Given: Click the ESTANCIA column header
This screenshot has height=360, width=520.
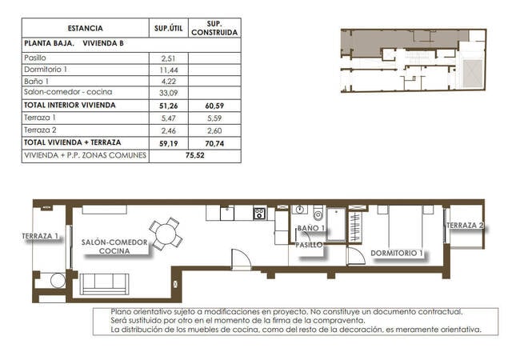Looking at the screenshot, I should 86,28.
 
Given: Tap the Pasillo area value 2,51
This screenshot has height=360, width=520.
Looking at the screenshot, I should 168,58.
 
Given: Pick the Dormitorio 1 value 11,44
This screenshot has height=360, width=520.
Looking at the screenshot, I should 168,70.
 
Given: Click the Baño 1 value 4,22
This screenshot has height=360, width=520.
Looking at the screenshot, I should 168,81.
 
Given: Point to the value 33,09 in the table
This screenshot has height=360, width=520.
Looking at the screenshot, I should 168,93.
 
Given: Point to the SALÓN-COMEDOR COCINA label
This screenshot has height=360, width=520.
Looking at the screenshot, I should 114,246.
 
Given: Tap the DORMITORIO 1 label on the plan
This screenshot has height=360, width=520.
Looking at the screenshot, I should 397,253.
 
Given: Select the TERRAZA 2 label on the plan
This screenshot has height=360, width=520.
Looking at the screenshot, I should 466,226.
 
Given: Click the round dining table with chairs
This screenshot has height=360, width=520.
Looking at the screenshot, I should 166,234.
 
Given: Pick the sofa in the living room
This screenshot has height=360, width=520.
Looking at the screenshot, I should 105,282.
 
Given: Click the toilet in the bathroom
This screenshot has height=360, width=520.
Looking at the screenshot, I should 318,214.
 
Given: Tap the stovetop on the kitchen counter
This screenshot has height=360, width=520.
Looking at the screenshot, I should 259,213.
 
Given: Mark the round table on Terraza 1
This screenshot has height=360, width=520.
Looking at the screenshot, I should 56,281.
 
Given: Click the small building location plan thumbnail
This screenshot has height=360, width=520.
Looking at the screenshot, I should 413,60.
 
